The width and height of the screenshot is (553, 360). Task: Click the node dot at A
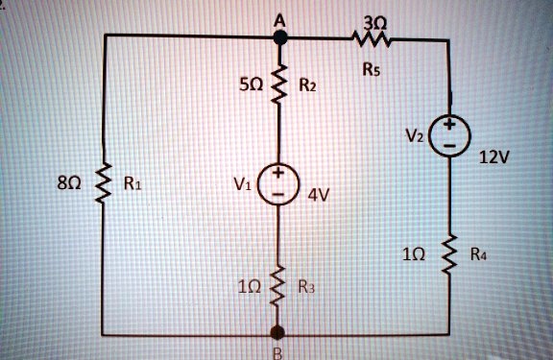(280, 36)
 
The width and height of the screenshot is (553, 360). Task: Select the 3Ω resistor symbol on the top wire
(369, 39)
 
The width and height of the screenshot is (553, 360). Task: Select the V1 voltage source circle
(280, 183)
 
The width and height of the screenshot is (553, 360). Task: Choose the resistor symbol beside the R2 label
(280, 84)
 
